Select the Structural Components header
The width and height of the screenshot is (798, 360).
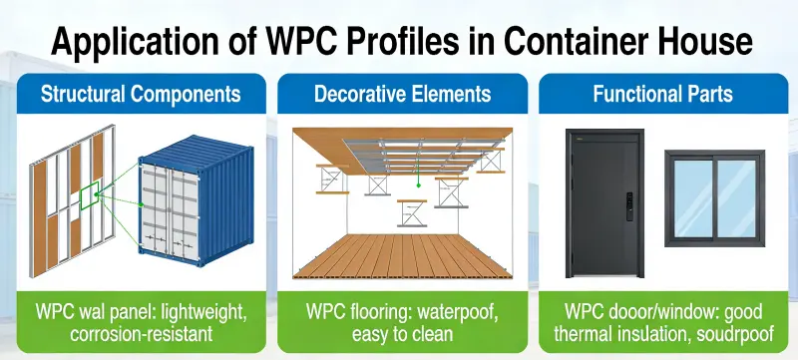(140, 96)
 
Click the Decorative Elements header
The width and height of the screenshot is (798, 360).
(402, 96)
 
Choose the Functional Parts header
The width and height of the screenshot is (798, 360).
(662, 96)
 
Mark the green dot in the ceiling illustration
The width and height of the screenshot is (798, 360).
(420, 182)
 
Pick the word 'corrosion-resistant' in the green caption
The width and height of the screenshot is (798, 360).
(140, 334)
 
